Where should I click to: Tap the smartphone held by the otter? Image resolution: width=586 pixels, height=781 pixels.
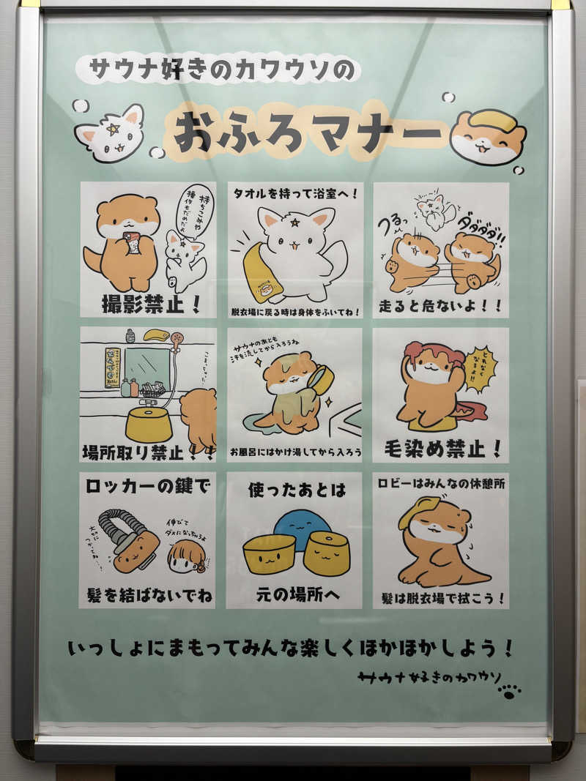tap(132, 242)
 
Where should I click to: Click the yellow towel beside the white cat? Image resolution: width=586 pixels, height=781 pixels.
tap(262, 276)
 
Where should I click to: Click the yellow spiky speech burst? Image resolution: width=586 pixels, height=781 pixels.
tap(480, 370)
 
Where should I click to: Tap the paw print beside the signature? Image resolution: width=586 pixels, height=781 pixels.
tap(509, 690)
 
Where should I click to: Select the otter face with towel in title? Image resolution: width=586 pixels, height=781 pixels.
tap(487, 138)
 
